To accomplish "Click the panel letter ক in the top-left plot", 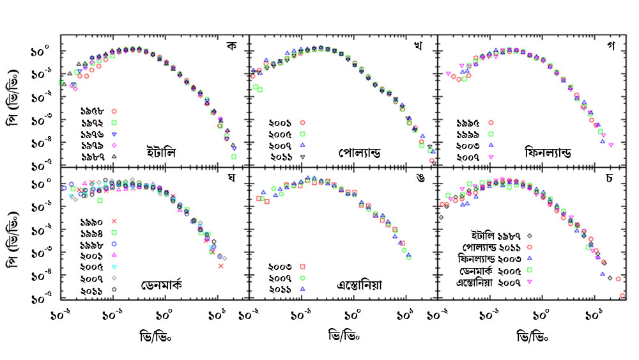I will tap(231, 47).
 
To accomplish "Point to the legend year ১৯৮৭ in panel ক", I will tap(95, 156).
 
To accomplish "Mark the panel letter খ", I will tap(419, 47).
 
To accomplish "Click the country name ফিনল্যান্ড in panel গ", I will tap(548, 153).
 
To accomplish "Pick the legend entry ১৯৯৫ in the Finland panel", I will tap(470, 122).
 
